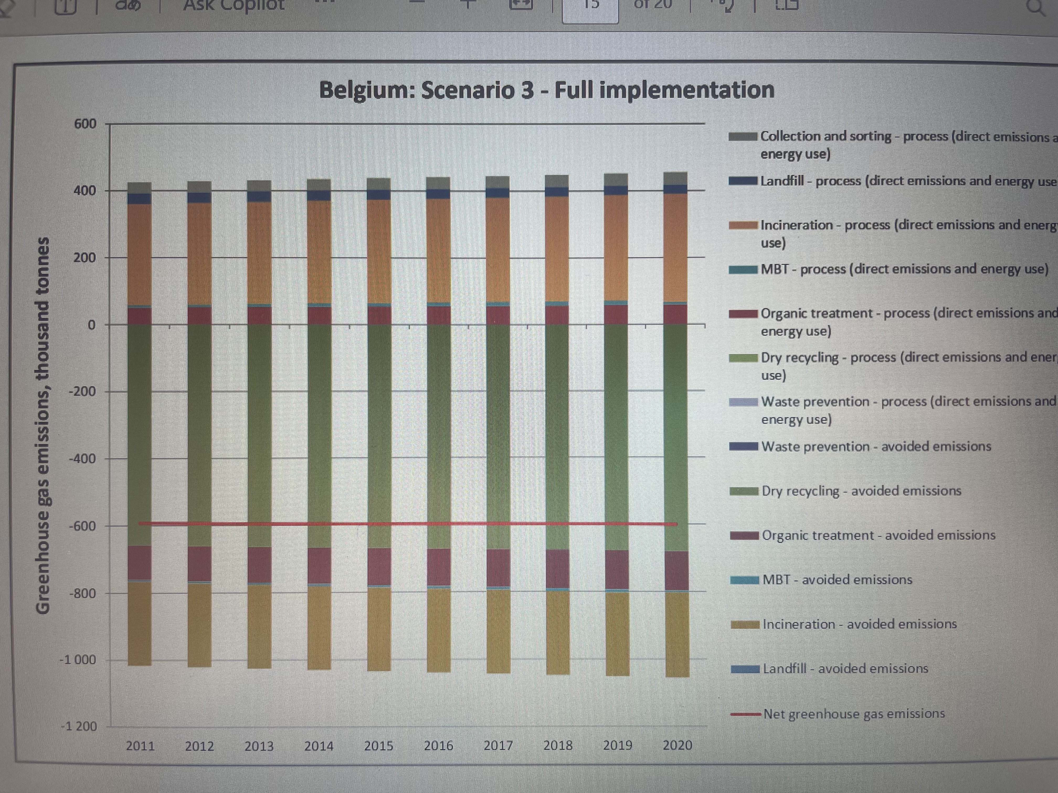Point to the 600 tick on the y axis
point(85,124)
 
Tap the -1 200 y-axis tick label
point(79,726)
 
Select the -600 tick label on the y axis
point(82,526)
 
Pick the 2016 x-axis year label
point(438,745)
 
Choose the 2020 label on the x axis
point(677,745)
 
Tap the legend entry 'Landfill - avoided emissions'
point(845,668)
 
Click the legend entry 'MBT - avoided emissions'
point(837,579)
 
